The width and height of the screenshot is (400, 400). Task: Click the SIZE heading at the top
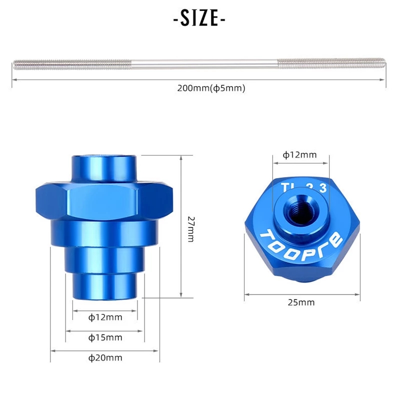pyautogui.click(x=199, y=18)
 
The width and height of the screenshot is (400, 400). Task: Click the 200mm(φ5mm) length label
pyautogui.click(x=210, y=88)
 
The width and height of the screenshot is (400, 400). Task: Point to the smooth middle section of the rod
pyautogui.click(x=200, y=63)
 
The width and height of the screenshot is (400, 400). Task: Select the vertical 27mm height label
pyautogui.click(x=190, y=229)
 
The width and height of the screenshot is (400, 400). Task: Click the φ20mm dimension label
pyautogui.click(x=105, y=357)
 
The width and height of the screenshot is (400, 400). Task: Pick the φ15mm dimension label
pyautogui.click(x=105, y=337)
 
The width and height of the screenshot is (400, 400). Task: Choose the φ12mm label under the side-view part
pyautogui.click(x=105, y=317)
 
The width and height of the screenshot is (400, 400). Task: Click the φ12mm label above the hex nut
pyautogui.click(x=299, y=155)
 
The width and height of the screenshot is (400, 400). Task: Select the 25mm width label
pyautogui.click(x=301, y=302)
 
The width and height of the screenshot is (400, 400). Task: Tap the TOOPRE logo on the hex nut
pyautogui.click(x=302, y=238)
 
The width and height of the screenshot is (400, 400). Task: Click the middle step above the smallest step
pyautogui.click(x=104, y=259)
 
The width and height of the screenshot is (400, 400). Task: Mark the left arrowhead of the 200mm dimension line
pyautogui.click(x=13, y=79)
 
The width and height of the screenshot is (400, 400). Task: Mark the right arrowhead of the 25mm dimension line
pyautogui.click(x=357, y=294)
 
